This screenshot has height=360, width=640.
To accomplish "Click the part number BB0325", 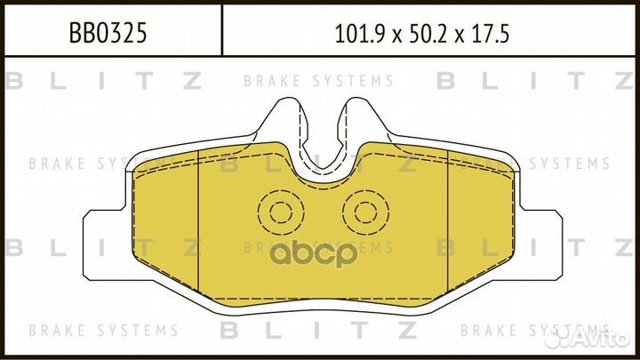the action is (x=108, y=33).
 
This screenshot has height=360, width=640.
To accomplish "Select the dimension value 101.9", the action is (x=360, y=34).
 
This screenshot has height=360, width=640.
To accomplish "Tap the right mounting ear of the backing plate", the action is (x=540, y=245).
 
